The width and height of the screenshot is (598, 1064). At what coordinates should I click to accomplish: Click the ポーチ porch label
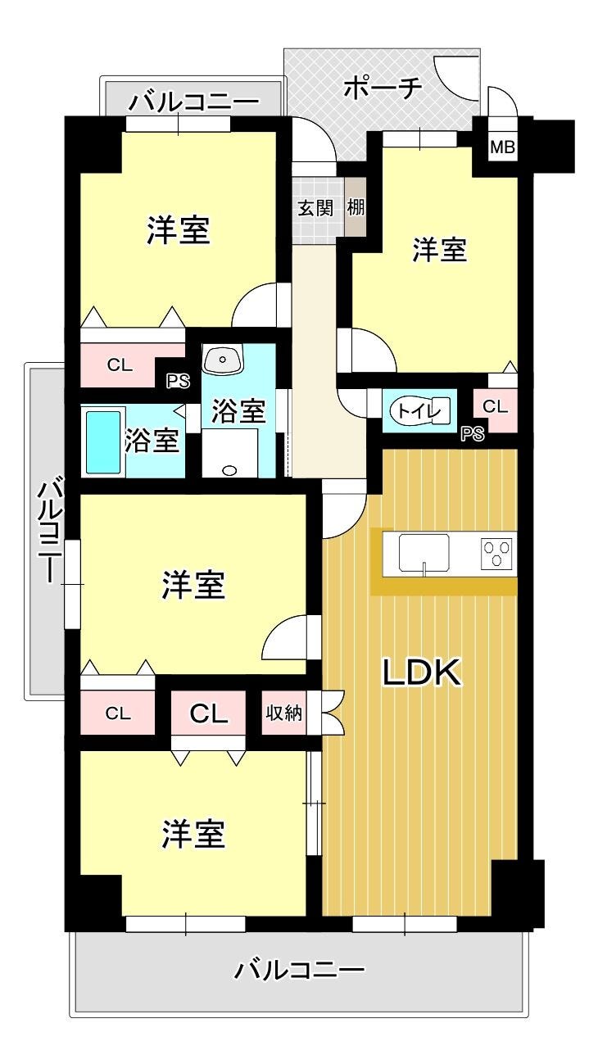pos(383,88)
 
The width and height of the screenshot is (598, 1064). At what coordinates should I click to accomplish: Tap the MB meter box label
pos(502,147)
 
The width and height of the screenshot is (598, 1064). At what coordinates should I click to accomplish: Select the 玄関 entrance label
pos(315,208)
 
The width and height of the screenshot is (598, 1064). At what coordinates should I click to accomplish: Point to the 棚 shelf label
pos(356,207)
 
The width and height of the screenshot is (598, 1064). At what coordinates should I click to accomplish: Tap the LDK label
pos(422,672)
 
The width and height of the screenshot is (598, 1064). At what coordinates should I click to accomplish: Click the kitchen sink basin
pos(424,553)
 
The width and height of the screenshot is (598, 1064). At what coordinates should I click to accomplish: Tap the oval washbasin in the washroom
pos(223,359)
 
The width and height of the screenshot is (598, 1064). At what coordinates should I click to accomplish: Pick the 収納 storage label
pos(283,713)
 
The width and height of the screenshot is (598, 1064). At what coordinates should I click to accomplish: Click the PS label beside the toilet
pos(473,434)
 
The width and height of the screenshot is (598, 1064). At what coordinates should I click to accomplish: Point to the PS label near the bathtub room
pos(178,381)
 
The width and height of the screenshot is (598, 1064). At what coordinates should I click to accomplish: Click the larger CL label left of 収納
pos(209,713)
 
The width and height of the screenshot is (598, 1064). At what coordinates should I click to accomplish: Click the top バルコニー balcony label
pos(195,102)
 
